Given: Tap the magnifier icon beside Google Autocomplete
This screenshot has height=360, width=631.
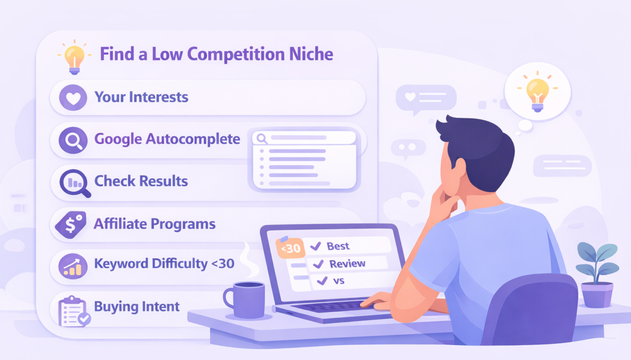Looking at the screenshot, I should [73, 140].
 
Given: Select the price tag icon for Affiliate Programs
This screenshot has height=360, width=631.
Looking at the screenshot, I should [70, 224].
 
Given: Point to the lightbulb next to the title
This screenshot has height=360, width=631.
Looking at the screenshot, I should [73, 55].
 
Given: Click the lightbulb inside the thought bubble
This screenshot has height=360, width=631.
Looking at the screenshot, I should [537, 92].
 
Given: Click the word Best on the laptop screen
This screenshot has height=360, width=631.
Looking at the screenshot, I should [338, 246].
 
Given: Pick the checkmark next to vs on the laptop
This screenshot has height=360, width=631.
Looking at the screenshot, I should [322, 281].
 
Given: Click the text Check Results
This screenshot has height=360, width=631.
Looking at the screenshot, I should [141, 181].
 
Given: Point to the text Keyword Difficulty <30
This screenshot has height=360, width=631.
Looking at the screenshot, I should [164, 264].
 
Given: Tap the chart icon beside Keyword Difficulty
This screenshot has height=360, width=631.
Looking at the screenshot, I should [72, 266].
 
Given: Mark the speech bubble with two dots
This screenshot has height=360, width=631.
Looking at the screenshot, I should [407, 149].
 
